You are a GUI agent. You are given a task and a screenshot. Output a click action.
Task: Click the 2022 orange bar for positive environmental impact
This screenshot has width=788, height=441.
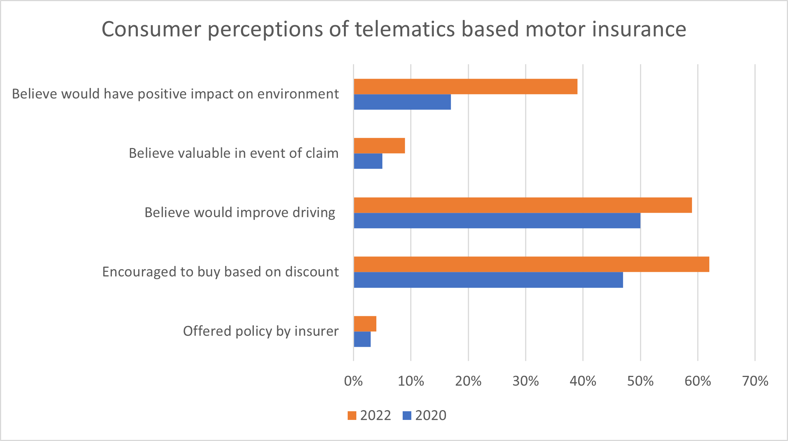coord(465,87)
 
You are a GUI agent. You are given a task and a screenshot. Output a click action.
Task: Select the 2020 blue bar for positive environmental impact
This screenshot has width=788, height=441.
coord(402,102)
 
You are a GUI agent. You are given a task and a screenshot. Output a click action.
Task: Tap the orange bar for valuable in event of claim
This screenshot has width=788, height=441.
coord(379,146)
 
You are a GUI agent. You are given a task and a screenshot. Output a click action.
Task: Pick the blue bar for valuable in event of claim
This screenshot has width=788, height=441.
coord(368,161)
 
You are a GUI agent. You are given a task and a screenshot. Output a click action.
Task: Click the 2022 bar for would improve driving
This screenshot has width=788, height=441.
coord(523,205)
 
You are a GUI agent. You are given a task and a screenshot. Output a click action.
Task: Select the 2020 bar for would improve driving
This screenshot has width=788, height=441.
coord(497,221)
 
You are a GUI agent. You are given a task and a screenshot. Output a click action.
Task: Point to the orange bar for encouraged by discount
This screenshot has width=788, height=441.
coord(531,264)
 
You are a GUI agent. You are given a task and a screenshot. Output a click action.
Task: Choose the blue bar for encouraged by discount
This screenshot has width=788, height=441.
coord(488,280)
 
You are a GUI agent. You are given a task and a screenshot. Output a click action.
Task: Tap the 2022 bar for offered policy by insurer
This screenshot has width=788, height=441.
coord(365,324)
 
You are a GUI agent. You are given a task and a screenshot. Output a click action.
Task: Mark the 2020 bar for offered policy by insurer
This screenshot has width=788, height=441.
coord(362,339)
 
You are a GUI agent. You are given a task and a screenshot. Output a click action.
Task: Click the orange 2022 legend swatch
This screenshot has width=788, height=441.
coord(352,416)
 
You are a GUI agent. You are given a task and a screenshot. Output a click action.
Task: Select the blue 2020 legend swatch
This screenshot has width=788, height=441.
coord(407,416)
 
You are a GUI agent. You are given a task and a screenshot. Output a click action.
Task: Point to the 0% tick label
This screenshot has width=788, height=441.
coord(353,381)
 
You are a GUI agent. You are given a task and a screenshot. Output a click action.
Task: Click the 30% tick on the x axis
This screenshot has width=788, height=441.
coord(525,381)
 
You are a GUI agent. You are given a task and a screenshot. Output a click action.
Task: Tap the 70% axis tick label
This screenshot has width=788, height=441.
coord(755,381)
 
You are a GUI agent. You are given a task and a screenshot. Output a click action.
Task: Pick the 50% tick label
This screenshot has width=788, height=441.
coord(640,381)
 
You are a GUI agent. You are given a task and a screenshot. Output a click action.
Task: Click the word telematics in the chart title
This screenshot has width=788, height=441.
coord(405,29)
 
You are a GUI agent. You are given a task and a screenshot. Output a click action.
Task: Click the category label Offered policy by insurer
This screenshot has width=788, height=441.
coord(261,331)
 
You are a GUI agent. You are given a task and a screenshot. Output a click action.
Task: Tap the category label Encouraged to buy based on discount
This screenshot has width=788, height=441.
coord(220,272)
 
